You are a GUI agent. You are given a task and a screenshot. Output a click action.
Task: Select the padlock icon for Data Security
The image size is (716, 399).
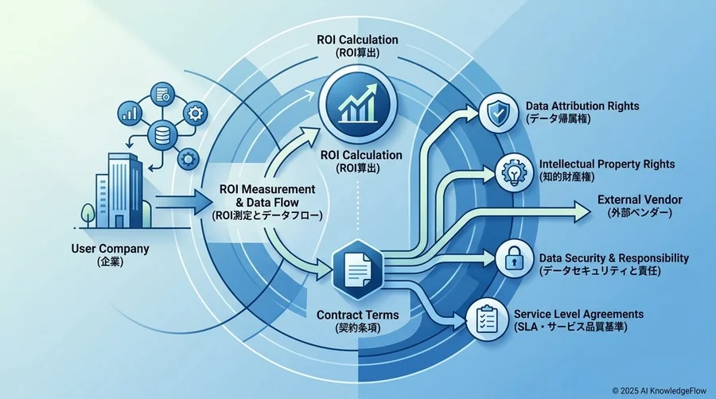(514, 258)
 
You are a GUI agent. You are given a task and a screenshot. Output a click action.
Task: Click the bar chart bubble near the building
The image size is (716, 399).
(130, 113)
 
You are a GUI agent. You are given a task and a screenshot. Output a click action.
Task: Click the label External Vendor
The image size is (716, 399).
(640, 199)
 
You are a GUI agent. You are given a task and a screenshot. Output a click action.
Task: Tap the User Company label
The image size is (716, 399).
(110, 249)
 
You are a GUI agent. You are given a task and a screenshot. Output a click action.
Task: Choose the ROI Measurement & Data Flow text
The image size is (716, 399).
(267, 196)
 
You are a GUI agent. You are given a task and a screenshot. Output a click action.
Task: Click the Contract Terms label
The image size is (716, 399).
(357, 315)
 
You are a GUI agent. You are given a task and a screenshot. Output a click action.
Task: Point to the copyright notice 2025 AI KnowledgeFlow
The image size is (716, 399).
(659, 391)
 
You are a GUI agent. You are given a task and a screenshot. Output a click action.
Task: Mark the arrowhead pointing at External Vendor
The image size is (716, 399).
(582, 212)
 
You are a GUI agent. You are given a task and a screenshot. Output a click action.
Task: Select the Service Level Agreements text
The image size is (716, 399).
(578, 314)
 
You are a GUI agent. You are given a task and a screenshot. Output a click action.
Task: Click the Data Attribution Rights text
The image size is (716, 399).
(582, 106)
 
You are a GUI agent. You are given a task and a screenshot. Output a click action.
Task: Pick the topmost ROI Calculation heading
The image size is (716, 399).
(357, 40)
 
